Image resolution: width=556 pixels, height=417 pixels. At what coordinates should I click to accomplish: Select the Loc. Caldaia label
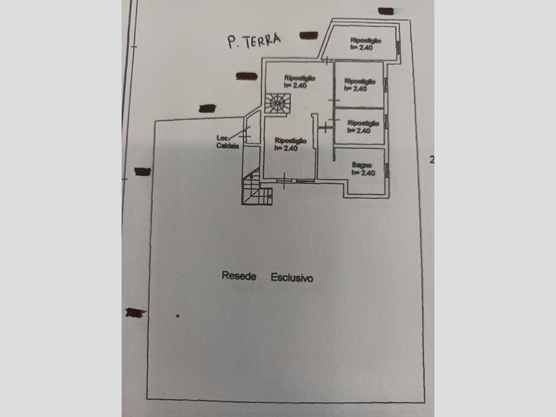(228, 142)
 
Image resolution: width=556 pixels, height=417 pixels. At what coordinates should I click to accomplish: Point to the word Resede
(239, 277)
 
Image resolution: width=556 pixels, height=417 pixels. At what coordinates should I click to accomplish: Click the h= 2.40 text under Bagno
(363, 173)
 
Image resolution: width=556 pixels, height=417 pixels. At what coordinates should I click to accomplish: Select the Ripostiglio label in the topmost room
(366, 41)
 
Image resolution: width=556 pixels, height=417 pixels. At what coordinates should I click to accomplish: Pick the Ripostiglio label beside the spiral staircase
(299, 79)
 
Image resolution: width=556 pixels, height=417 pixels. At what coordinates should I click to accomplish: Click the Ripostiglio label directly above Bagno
(361, 124)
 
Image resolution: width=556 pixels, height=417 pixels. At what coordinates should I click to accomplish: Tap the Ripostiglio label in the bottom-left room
(286, 141)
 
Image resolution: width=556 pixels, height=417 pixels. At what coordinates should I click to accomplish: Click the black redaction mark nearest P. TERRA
(304, 35)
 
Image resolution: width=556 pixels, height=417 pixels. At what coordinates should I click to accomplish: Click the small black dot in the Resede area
(177, 316)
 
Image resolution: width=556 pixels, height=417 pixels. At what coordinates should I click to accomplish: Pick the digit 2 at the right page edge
(432, 160)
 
